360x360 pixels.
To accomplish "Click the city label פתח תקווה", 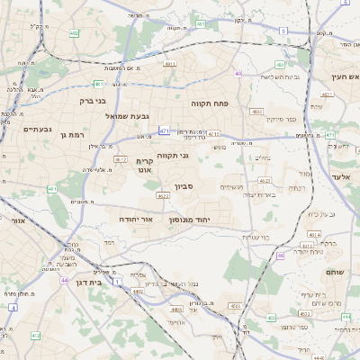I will (x=211, y=103).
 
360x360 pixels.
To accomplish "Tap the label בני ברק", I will (x=93, y=101).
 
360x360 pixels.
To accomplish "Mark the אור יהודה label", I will (x=135, y=219).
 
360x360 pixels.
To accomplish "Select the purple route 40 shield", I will (x=238, y=74).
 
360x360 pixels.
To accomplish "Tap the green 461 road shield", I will (x=52, y=189).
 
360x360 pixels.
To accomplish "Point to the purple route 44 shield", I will (x=65, y=280).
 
